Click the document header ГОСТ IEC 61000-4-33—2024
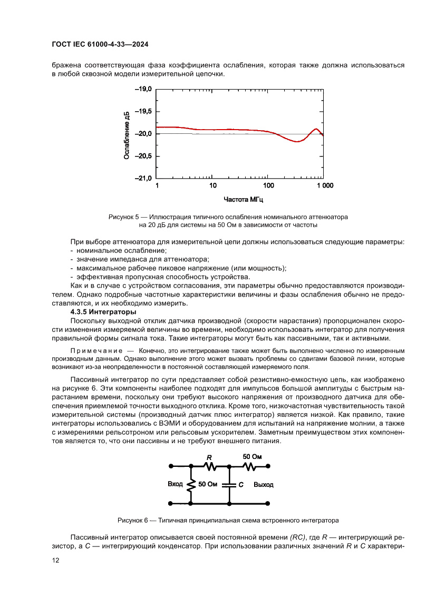(x=100, y=45)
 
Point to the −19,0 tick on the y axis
(x=143, y=90)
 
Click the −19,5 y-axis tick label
(x=143, y=112)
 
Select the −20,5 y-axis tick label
(x=143, y=157)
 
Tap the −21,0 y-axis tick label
(x=143, y=179)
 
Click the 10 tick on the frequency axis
(x=212, y=186)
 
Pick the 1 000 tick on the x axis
(x=324, y=186)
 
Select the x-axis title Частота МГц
(x=243, y=200)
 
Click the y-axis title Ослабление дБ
(x=127, y=135)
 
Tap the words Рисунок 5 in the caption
(x=123, y=217)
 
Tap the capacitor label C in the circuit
(x=240, y=484)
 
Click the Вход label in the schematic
(x=175, y=484)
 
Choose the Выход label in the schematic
(x=263, y=484)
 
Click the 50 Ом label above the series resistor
(x=252, y=456)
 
